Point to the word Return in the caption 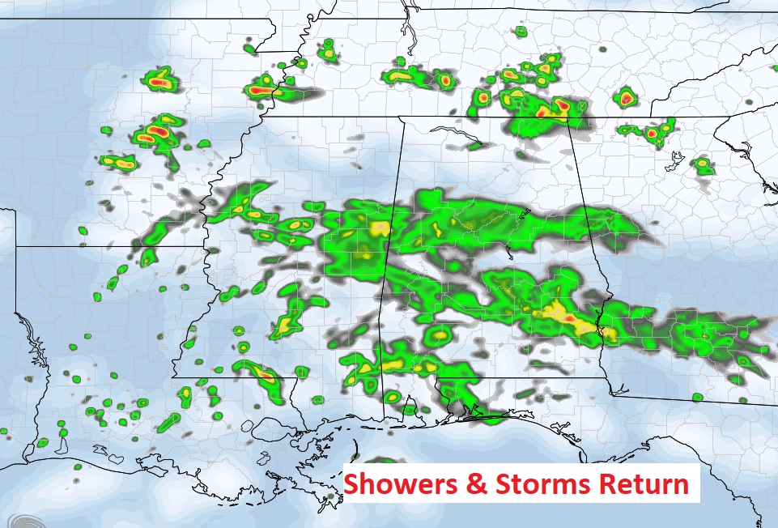pyautogui.click(x=644, y=485)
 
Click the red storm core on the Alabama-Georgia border pyautogui.click(x=568, y=319)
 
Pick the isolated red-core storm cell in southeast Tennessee pyautogui.click(x=626, y=99)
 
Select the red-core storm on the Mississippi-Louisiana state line pyautogui.click(x=266, y=374)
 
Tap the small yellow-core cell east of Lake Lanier pyautogui.click(x=703, y=167)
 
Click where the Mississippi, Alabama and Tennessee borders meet pyautogui.click(x=402, y=118)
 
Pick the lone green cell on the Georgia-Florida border pyautogui.click(x=697, y=397)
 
